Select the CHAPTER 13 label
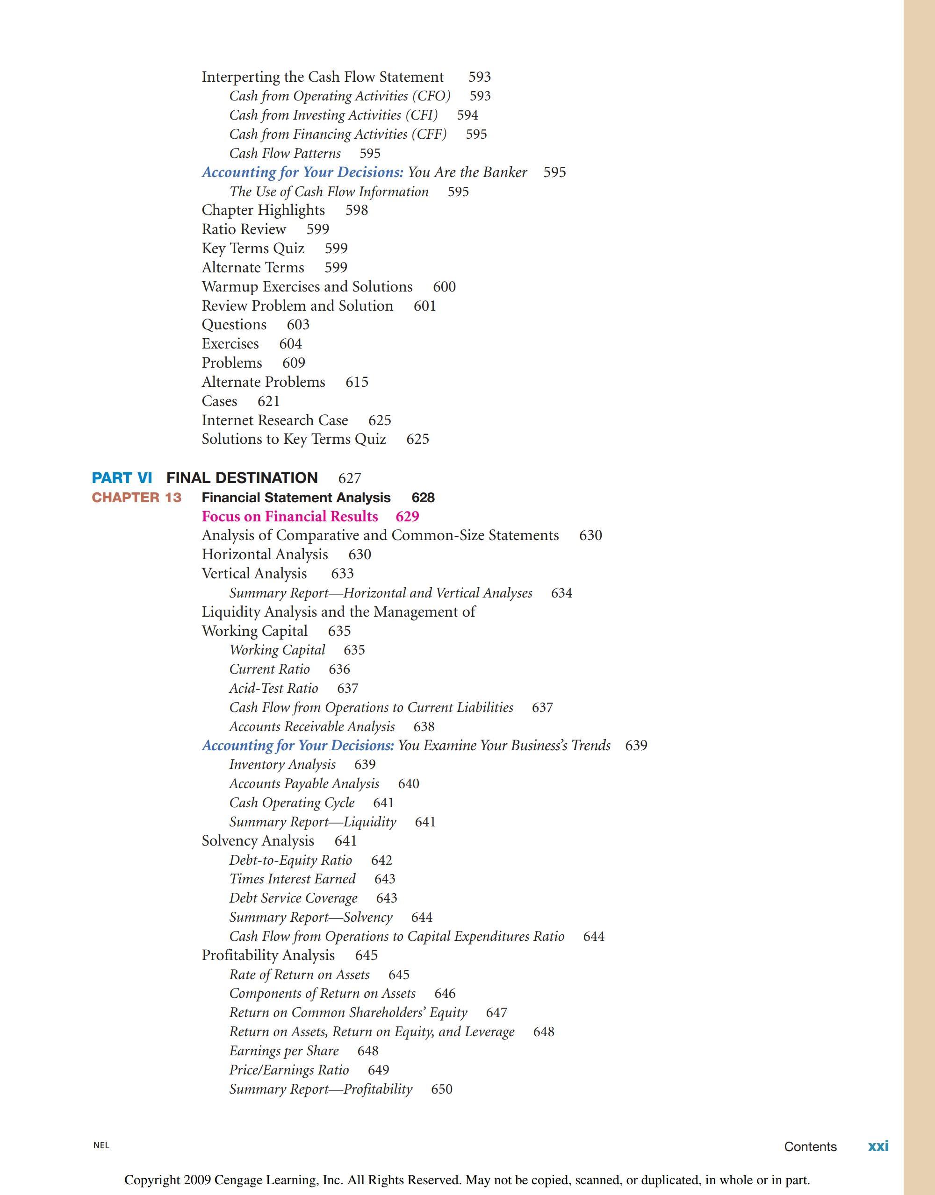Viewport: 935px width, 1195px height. pos(137,498)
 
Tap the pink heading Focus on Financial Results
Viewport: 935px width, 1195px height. pos(289,517)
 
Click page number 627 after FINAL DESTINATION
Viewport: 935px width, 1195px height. pos(349,478)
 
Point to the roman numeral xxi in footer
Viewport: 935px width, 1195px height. pos(878,1146)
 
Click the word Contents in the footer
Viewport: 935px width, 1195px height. pos(810,1146)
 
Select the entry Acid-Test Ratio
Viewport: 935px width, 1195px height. pos(273,688)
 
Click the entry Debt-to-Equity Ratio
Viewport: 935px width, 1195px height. pos(290,860)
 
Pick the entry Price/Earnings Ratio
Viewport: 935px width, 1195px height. pos(288,1070)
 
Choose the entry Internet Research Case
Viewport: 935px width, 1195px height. pos(275,420)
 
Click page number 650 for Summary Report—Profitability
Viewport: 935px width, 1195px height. pos(442,1089)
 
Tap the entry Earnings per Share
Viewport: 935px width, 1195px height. pos(284,1051)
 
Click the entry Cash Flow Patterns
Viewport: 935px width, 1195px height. pos(285,153)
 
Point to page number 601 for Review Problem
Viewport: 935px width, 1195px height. pos(425,306)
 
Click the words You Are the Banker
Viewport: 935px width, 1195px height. pos(467,172)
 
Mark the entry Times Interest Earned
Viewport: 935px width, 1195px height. pos(292,879)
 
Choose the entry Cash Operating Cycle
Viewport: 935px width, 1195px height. pos(292,803)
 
